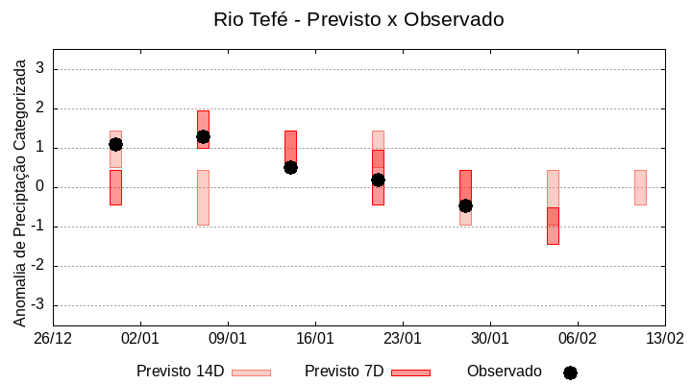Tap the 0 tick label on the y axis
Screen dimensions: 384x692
pos(40,187)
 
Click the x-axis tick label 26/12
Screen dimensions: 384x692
pos(53,339)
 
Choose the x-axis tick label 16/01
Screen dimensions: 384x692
pos(315,339)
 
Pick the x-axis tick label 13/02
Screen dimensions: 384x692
pos(664,339)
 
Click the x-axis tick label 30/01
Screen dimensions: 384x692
pos(490,339)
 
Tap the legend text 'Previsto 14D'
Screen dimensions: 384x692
pos(180,372)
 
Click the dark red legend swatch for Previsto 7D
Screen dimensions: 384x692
pos(410,372)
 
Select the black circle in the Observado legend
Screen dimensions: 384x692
pos(570,372)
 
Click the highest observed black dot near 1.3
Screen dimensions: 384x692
pos(203,136)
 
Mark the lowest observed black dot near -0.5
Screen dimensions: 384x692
pos(465,205)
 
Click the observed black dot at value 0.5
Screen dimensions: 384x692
pos(290,167)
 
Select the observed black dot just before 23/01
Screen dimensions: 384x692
pos(378,180)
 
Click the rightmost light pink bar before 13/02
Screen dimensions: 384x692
pos(640,187)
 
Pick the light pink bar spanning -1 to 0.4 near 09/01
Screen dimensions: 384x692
pos(203,198)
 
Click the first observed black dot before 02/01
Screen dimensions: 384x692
pos(115,144)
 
